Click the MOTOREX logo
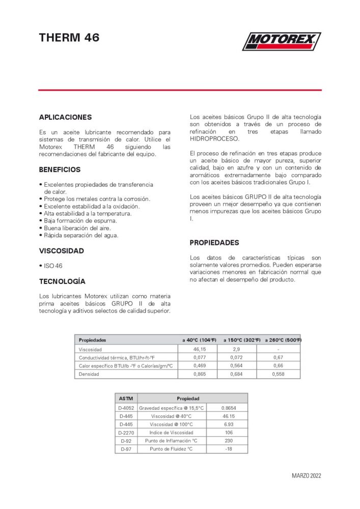pos(282,41)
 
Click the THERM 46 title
pos(69,37)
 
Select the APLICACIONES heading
pos(65,117)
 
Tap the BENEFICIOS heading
pos(60,169)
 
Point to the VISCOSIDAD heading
pos(62,251)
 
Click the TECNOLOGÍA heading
pos(62,281)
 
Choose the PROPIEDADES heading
pos(214,243)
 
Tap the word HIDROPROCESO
pos(214,138)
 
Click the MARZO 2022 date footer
pos(307,476)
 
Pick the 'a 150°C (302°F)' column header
pos(242,340)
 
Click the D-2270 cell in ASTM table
pos(126,433)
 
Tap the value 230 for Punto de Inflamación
pos(229,441)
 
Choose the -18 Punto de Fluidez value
pos(229,449)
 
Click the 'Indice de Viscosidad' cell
pos(172,433)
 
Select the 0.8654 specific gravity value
pos(229,408)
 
